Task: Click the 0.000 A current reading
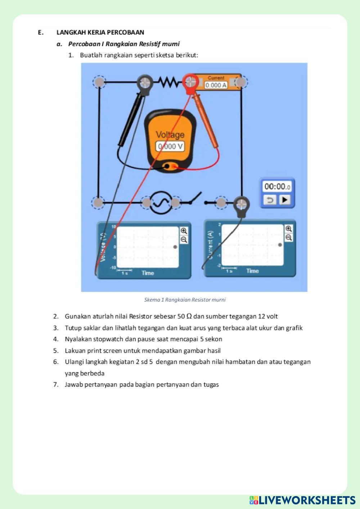coord(216,85)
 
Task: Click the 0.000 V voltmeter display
coord(170,147)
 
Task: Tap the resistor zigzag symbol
coord(168,82)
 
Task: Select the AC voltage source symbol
coord(161,203)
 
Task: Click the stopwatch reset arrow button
coord(270,200)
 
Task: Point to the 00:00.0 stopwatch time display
coord(277,186)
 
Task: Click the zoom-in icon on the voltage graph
coord(184,231)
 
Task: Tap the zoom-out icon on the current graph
coord(289,238)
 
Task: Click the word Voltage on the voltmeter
coord(170,135)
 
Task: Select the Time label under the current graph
coord(252,271)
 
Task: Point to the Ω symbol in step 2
coord(189,316)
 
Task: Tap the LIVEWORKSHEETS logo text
coord(307,500)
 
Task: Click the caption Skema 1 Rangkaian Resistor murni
coord(185,299)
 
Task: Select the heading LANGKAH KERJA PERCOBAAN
coord(100,32)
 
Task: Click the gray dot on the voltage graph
coord(175,247)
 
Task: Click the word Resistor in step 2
coord(141,316)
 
